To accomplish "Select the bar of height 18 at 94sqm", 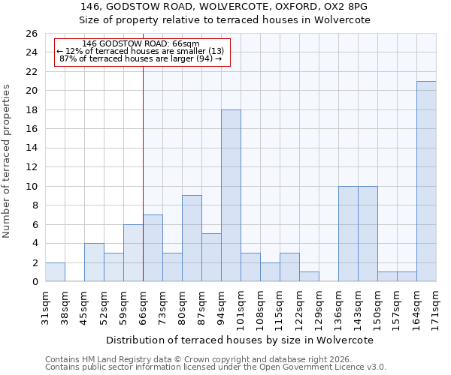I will coord(231,196).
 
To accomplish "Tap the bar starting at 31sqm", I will coord(55,272).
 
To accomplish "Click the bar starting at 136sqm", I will coord(348,234).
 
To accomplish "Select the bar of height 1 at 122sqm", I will coord(309,277).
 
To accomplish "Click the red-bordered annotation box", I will coord(141,52).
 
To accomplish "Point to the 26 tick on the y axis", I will coord(31,34).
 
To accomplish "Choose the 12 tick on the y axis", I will coord(31,167).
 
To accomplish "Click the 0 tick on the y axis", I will coord(34,282).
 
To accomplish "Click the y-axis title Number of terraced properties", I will coord(8,161).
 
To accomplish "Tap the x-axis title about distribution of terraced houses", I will coord(240,340).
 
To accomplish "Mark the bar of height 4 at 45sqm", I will coord(94,262).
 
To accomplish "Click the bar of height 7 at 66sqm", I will coord(153,248).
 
